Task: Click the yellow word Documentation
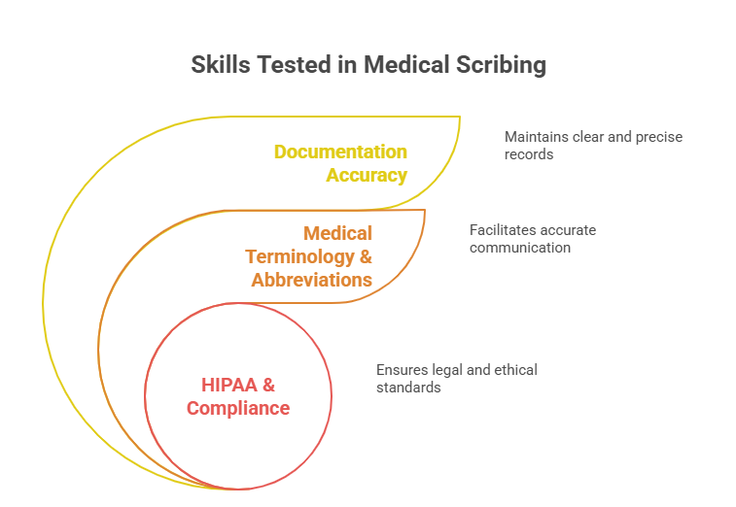pyautogui.click(x=340, y=152)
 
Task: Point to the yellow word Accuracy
pyautogui.click(x=367, y=175)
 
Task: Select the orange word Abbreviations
pyautogui.click(x=311, y=280)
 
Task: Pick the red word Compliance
pyautogui.click(x=238, y=408)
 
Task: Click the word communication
pyautogui.click(x=520, y=248)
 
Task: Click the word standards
pyautogui.click(x=408, y=387)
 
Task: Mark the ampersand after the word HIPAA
pyautogui.click(x=268, y=385)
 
